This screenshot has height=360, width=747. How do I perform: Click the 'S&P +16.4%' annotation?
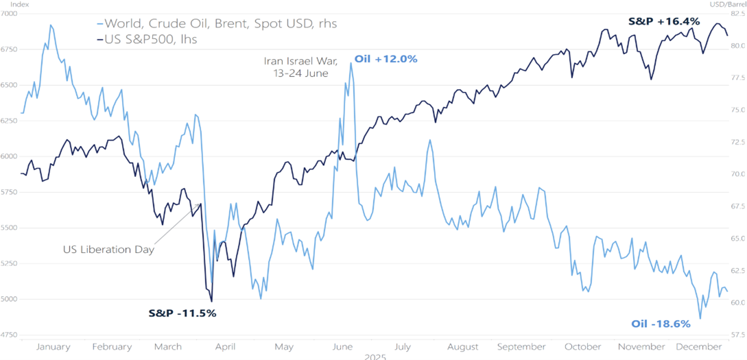pos(664,21)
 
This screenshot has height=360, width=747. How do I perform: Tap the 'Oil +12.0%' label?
pos(386,59)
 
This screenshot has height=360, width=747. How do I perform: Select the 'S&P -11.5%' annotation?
pos(182,313)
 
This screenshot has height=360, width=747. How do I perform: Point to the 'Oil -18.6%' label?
pos(661,324)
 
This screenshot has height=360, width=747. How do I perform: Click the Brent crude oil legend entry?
pos(217,24)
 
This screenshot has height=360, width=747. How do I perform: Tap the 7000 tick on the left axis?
pos(10,14)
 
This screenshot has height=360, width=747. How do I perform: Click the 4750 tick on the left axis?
pos(10,335)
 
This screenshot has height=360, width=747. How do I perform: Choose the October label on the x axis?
pos(583,347)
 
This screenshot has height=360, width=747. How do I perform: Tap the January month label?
pos(52,347)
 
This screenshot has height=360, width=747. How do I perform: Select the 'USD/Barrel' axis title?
pos(728,5)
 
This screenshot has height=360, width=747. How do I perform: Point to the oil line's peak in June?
pos(351,63)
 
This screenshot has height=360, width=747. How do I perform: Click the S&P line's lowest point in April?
pos(211,301)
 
